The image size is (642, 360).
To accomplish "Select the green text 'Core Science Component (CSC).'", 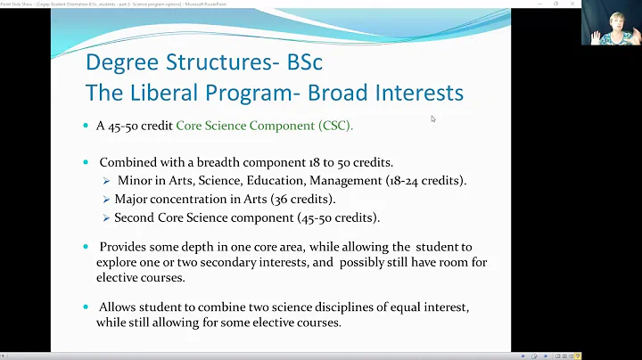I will (x=264, y=126).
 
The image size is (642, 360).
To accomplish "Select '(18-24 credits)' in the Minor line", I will (x=429, y=181).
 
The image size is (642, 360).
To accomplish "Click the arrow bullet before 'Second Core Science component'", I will (x=106, y=217).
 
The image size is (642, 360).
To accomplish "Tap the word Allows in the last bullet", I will (x=119, y=307).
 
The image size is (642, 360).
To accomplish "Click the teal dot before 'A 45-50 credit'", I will (x=86, y=126).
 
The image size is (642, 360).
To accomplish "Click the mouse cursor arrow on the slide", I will (x=433, y=119).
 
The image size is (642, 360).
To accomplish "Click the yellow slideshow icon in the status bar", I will (x=578, y=356).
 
